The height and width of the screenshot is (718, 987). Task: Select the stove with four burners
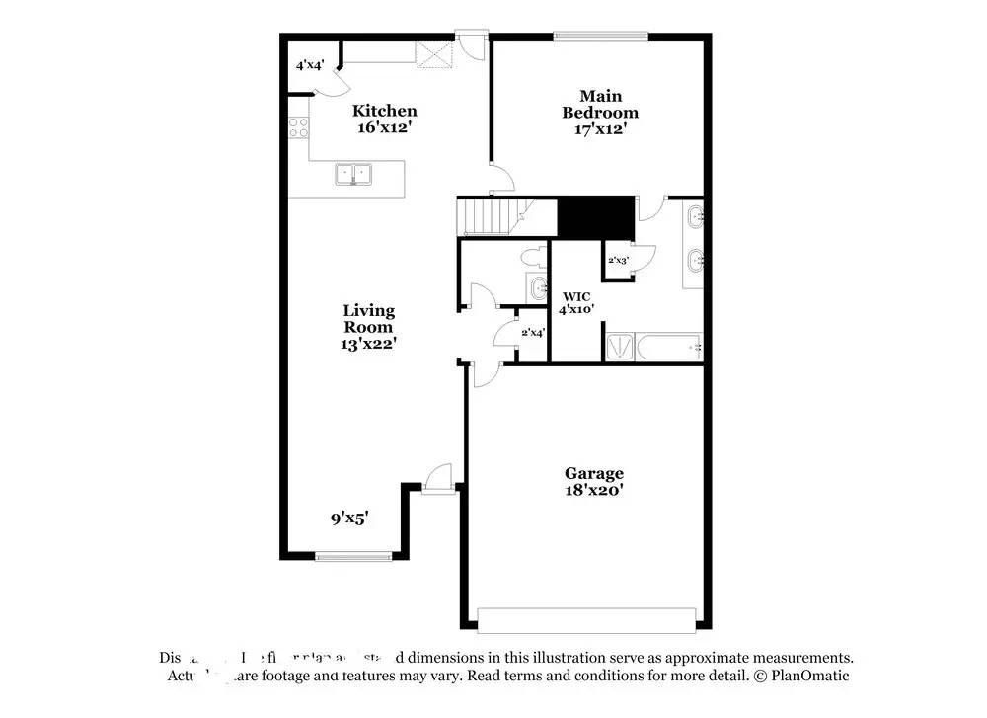298,126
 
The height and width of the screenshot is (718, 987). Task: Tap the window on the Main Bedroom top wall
600,38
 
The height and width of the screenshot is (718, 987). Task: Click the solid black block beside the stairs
595,215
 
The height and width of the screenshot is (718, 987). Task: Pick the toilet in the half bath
532,259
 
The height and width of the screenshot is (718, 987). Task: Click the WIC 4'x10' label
577,302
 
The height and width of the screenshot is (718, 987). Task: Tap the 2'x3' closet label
618,260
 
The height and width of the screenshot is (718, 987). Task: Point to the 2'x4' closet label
533,333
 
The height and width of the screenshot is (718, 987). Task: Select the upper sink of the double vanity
695,215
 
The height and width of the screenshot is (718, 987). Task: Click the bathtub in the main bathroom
666,347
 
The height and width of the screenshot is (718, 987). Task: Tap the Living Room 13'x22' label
368,327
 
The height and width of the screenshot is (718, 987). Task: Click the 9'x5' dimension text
349,517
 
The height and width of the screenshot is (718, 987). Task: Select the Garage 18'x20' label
593,481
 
